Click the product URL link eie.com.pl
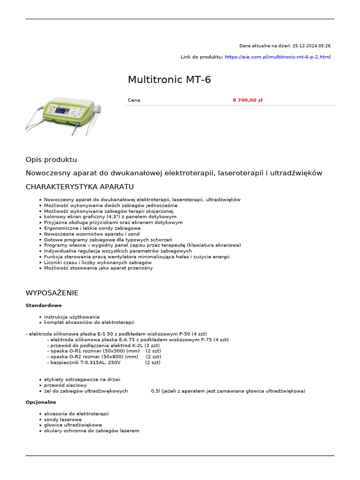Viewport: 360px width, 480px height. tap(277, 57)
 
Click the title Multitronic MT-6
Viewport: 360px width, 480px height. tap(169, 80)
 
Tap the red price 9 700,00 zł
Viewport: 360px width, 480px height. tap(247, 100)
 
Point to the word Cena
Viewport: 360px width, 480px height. tap(134, 100)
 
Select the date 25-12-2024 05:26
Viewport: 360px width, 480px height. tap(311, 46)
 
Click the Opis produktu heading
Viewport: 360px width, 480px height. tap(51, 160)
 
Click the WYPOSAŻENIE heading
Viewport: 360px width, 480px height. tap(52, 293)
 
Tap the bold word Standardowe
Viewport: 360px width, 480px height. tap(44, 306)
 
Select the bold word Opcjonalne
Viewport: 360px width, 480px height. tap(41, 402)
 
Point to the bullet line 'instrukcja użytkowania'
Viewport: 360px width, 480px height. tap(72, 317)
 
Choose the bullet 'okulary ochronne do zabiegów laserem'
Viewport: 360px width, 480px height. tap(91, 431)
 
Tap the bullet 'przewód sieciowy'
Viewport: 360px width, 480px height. tap(65, 385)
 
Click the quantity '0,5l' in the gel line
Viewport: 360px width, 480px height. tap(156, 391)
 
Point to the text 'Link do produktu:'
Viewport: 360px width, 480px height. tap(202, 57)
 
